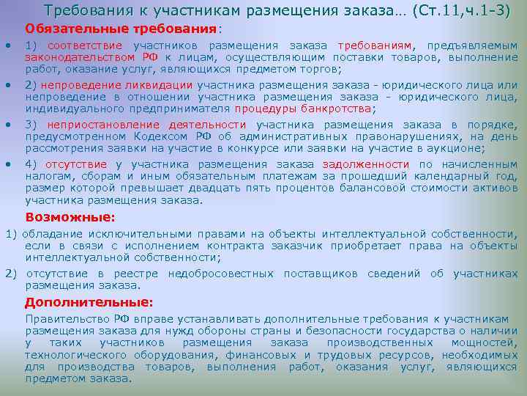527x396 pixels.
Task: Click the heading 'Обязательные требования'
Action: pyautogui.click(x=122, y=28)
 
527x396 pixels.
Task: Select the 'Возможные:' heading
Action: pyautogui.click(x=70, y=217)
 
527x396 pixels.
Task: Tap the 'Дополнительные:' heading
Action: pyautogui.click(x=89, y=302)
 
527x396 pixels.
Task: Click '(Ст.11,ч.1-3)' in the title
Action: pyautogui.click(x=460, y=10)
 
